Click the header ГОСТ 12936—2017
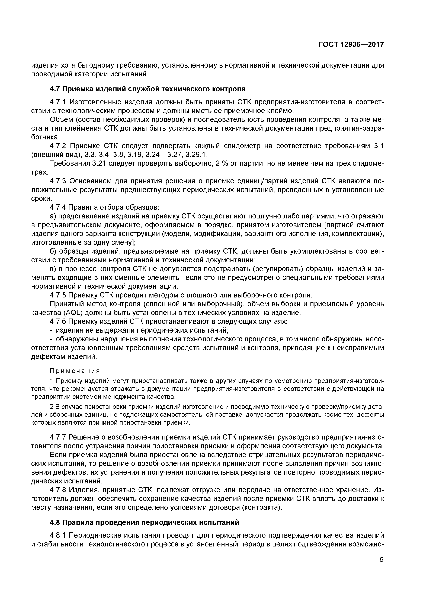click(x=351, y=45)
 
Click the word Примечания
click(x=75, y=371)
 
